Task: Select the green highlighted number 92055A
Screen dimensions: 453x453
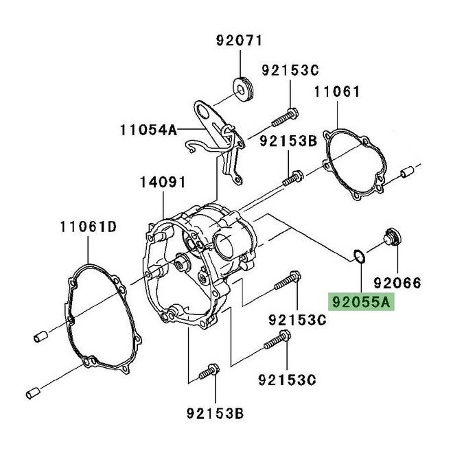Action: (361, 301)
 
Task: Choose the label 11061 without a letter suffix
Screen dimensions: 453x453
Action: (337, 92)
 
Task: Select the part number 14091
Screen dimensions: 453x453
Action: (163, 183)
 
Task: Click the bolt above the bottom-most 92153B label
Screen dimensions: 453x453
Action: (207, 374)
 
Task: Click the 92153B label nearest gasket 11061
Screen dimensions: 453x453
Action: (288, 141)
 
